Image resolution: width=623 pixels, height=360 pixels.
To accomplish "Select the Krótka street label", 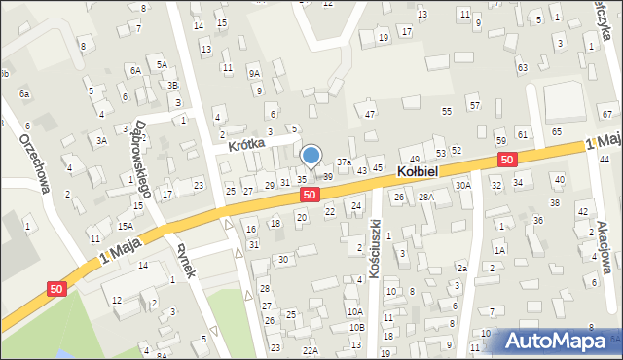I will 247,145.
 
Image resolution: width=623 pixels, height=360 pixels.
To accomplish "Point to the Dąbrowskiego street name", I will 128,159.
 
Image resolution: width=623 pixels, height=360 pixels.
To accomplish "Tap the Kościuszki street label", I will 376,249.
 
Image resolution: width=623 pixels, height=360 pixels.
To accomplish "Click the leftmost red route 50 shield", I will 57,288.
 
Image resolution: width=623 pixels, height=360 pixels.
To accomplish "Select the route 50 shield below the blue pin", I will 309,195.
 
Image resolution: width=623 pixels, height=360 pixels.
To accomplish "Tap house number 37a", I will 344,162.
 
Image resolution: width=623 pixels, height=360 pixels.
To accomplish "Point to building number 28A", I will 425,198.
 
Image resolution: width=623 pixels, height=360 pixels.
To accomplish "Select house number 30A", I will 463,185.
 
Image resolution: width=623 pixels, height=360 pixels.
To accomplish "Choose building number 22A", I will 311,350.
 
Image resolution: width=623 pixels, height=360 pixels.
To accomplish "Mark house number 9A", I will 254,73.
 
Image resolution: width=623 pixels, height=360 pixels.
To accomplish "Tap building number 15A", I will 126,226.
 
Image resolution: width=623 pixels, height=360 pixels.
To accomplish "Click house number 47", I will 370,115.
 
